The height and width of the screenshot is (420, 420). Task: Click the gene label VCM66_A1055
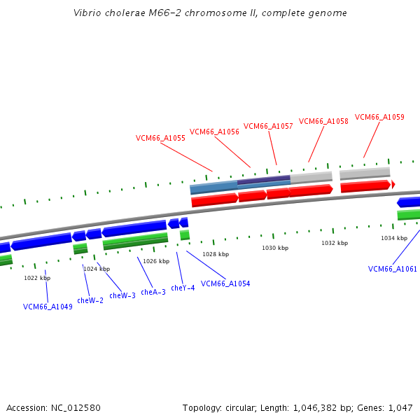160,138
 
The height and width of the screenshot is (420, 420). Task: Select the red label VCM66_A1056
214,131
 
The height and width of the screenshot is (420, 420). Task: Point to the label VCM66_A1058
323,121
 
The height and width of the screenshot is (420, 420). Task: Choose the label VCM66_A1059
379,117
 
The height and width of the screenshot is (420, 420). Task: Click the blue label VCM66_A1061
393,269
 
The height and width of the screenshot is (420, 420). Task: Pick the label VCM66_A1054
225,283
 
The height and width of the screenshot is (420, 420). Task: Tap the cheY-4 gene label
183,288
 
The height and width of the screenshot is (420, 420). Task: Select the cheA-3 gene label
153,292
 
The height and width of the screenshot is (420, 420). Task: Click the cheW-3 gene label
122,295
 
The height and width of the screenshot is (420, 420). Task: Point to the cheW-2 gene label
90,300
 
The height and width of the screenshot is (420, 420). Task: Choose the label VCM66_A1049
48,307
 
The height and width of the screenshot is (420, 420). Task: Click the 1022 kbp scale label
37,278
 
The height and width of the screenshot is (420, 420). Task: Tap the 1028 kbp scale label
216,254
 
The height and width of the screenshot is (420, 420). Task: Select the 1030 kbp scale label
275,248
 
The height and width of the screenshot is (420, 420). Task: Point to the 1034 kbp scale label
394,238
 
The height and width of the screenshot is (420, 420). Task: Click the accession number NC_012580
76,407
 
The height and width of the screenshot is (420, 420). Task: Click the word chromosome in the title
196,13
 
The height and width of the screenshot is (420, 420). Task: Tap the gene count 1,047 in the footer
400,407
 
